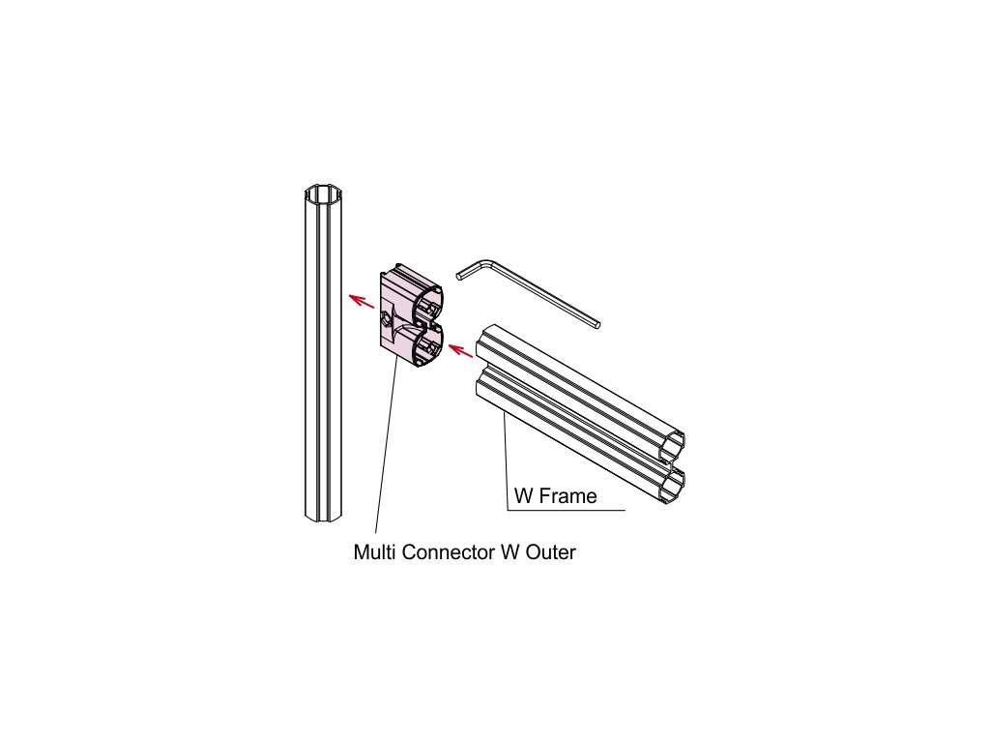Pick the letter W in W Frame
(523, 497)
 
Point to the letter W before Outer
(509, 553)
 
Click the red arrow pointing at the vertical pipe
(362, 301)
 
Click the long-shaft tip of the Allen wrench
(598, 322)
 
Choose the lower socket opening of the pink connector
(429, 345)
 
